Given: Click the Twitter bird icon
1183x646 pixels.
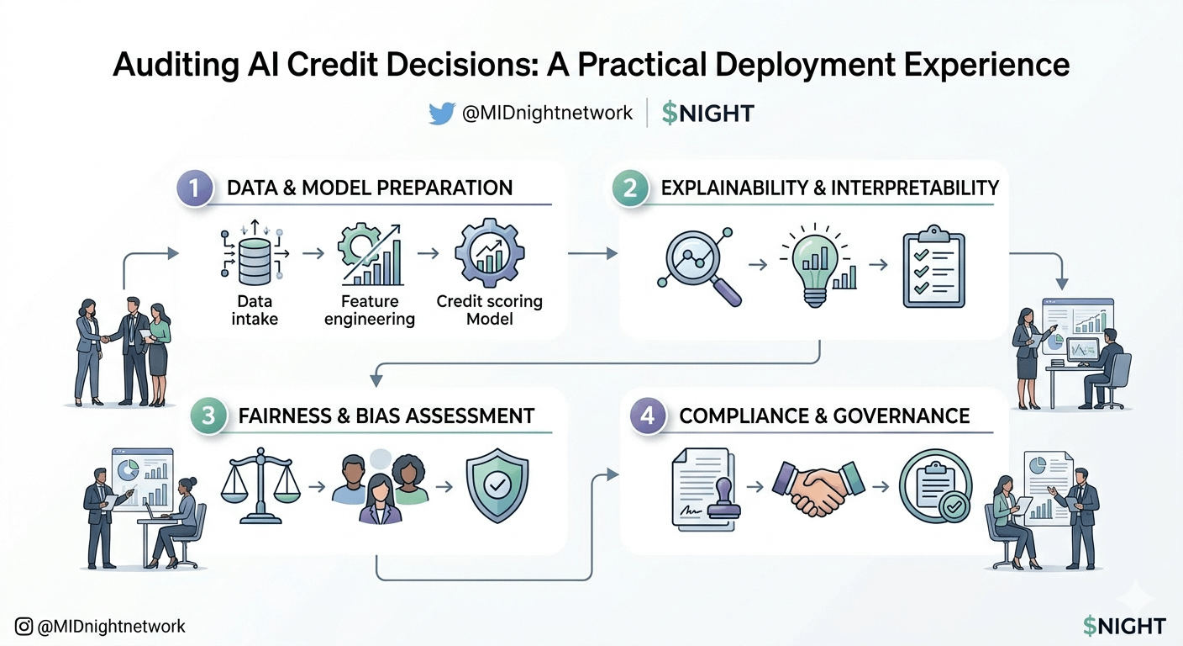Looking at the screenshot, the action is [442, 114].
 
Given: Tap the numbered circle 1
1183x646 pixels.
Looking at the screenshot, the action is [195, 188].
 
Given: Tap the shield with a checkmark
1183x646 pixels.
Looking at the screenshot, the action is [497, 485].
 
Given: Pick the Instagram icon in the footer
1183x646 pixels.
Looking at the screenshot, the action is [24, 627].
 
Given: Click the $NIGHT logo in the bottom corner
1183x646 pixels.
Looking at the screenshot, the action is [1124, 626].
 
